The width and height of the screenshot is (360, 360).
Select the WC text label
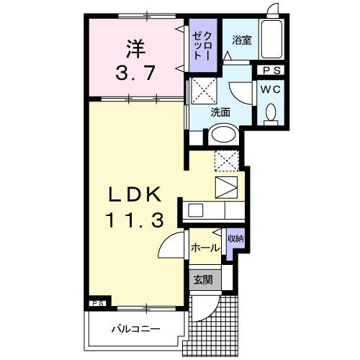click(x=271, y=90)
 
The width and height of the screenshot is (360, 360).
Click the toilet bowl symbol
click(x=271, y=113)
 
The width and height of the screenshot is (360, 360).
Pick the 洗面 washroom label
click(x=220, y=112)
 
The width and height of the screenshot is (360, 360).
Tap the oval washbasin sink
click(x=222, y=135)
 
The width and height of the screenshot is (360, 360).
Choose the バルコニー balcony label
click(x=135, y=330)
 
